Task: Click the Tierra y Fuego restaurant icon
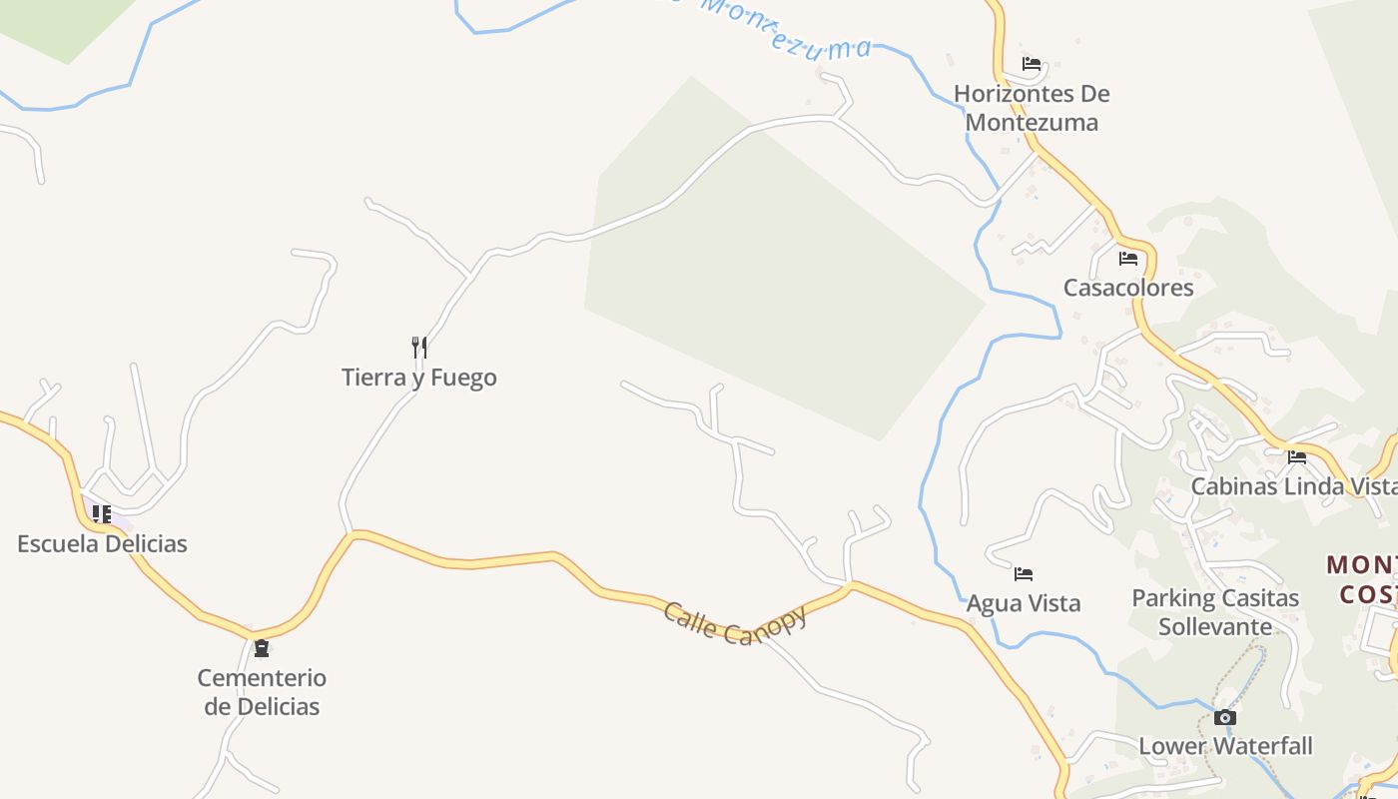pyautogui.click(x=419, y=348)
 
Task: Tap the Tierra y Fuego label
pyautogui.click(x=419, y=378)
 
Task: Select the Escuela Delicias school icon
pyautogui.click(x=101, y=514)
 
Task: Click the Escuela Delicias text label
pyautogui.click(x=102, y=544)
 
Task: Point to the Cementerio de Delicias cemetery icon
pyautogui.click(x=262, y=648)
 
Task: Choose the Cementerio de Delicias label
pyautogui.click(x=262, y=692)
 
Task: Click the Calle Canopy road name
pyautogui.click(x=734, y=623)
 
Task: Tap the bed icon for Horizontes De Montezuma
pyautogui.click(x=1032, y=65)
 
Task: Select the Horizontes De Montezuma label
pyautogui.click(x=1032, y=108)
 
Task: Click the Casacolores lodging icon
pyautogui.click(x=1128, y=259)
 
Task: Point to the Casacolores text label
pyautogui.click(x=1128, y=288)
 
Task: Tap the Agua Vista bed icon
pyautogui.click(x=1024, y=574)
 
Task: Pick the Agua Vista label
pyautogui.click(x=1024, y=603)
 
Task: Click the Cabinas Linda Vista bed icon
pyautogui.click(x=1297, y=457)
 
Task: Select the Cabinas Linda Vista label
pyautogui.click(x=1293, y=486)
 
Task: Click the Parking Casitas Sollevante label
pyautogui.click(x=1215, y=612)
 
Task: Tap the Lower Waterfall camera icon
pyautogui.click(x=1225, y=717)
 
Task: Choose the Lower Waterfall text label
pyautogui.click(x=1225, y=746)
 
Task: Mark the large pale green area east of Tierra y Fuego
pyautogui.click(x=779, y=280)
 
